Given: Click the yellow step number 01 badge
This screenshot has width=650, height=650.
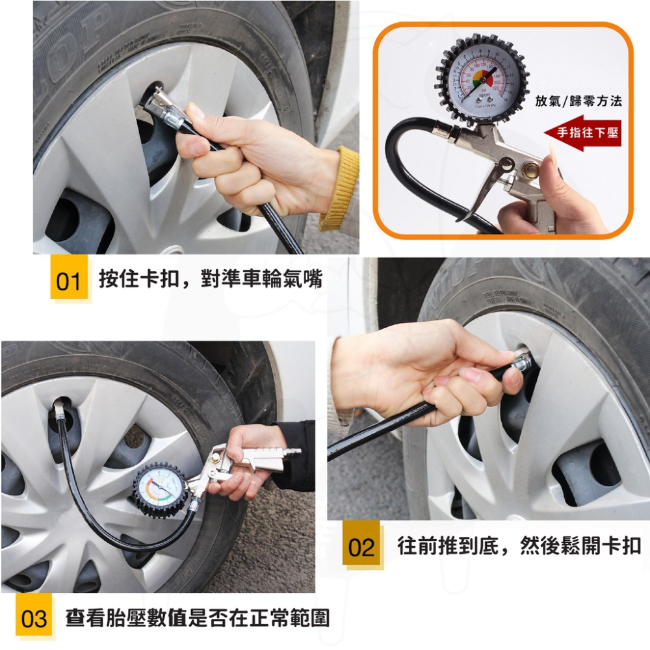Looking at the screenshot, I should pyautogui.click(x=68, y=281).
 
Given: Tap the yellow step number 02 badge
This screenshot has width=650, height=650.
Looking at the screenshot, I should pyautogui.click(x=361, y=547).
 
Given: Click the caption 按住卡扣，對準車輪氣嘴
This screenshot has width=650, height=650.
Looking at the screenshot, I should pyautogui.click(x=210, y=279).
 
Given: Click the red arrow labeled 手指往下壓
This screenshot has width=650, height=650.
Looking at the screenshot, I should pyautogui.click(x=582, y=133).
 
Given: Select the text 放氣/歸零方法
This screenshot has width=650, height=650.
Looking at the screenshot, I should pyautogui.click(x=578, y=101).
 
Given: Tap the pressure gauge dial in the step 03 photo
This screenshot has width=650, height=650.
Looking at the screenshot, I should pyautogui.click(x=161, y=489).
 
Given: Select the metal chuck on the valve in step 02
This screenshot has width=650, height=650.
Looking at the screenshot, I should pyautogui.click(x=522, y=361).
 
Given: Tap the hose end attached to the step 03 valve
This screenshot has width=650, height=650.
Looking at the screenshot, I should pyautogui.click(x=58, y=409).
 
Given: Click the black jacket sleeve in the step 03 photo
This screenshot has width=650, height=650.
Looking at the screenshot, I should pyautogui.click(x=296, y=455).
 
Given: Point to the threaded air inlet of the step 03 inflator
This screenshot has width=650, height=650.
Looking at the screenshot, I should pyautogui.click(x=294, y=450).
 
